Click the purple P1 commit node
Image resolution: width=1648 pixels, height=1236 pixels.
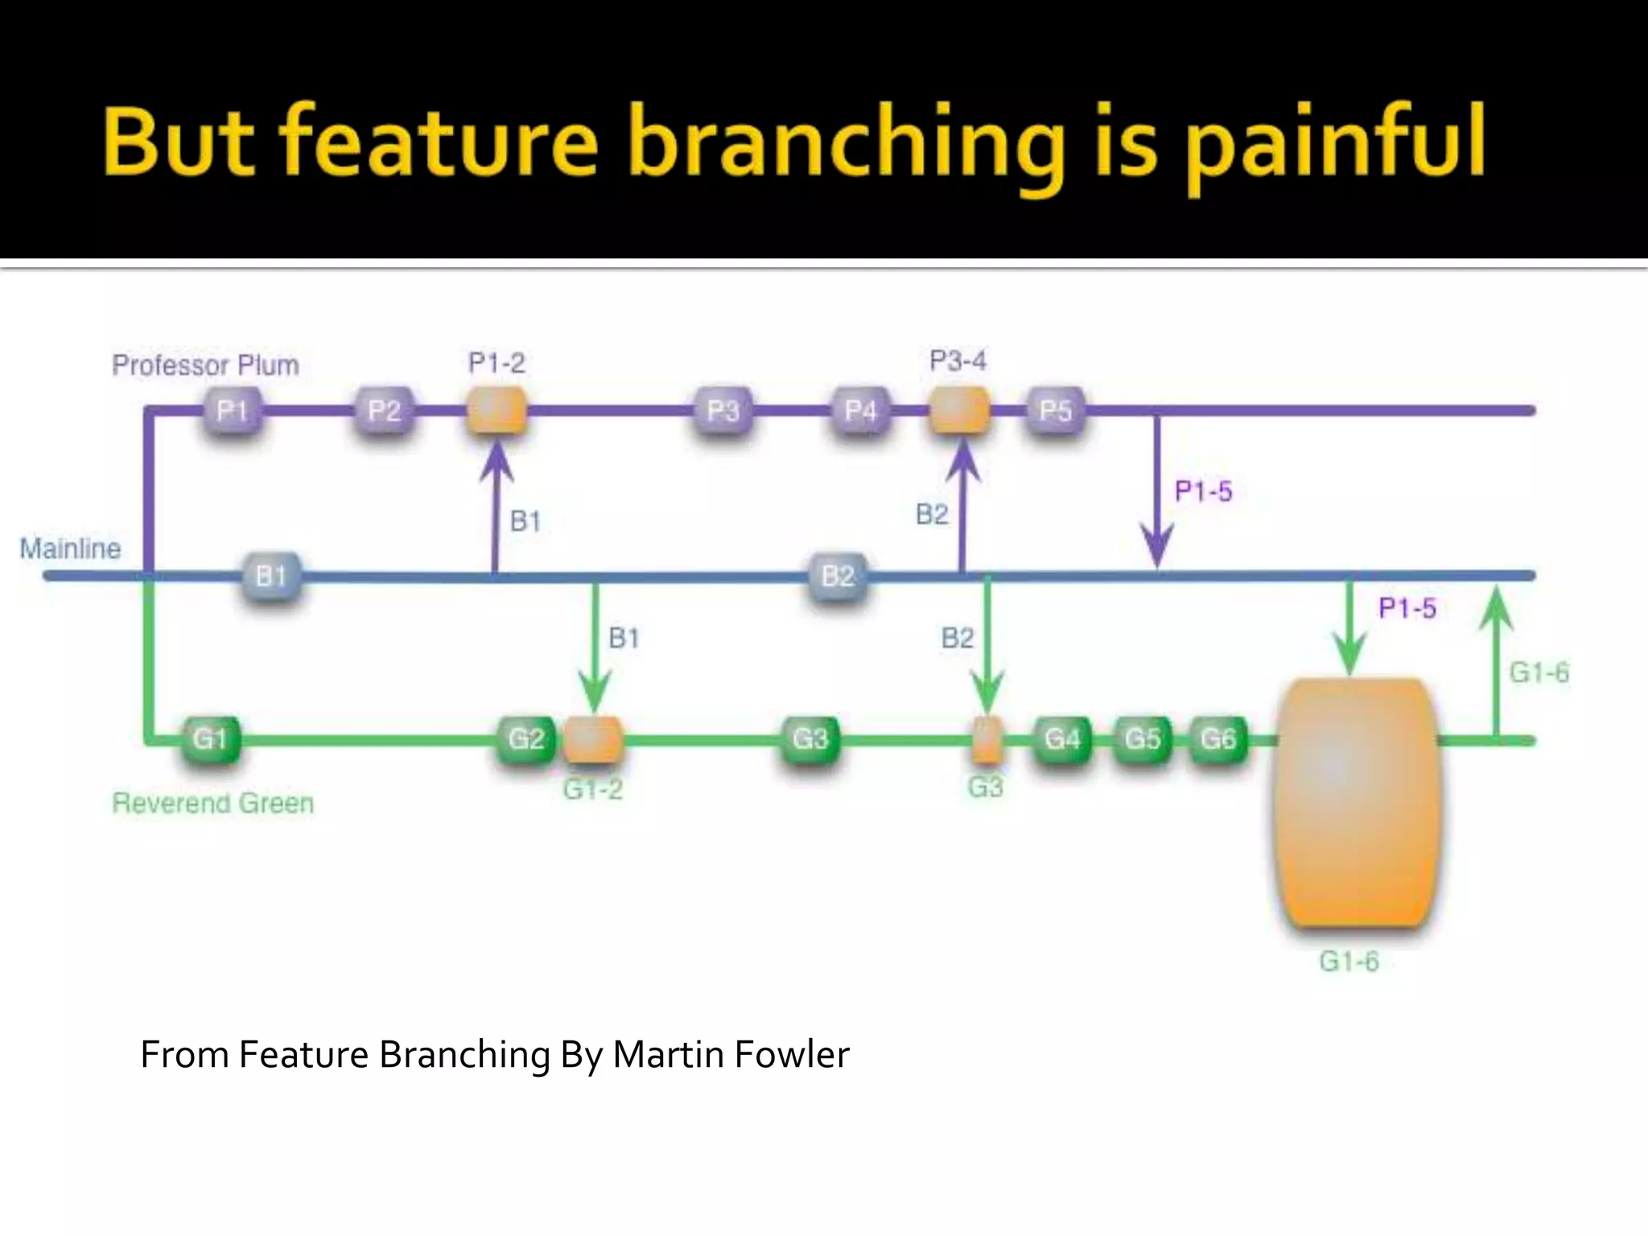point(232,411)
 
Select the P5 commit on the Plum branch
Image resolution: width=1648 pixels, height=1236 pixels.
point(1055,411)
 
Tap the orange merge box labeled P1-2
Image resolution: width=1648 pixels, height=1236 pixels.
point(497,410)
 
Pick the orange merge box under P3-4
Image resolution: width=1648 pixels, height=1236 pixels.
point(959,410)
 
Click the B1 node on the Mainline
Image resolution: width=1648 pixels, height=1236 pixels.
point(271,576)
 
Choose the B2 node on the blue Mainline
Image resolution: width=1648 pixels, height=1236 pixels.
point(838,576)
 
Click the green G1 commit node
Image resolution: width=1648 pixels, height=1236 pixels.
point(210,739)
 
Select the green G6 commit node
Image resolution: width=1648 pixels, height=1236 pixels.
point(1217,739)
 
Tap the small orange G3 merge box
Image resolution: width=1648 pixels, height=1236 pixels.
point(987,740)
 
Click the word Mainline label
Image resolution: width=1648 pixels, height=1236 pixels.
point(71,549)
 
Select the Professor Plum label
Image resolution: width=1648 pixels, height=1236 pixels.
point(205,365)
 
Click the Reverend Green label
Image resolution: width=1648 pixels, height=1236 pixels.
point(212,803)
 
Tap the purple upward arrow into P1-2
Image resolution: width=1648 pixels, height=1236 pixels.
point(496,507)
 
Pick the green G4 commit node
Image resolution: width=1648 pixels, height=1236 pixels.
point(1062,739)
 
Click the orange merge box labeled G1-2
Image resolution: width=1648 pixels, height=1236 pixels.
point(593,740)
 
